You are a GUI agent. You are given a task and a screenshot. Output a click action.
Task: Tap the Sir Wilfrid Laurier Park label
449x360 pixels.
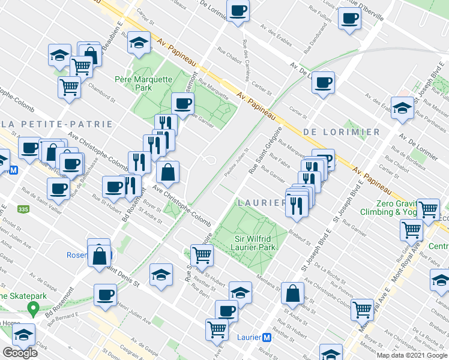[x=255, y=242]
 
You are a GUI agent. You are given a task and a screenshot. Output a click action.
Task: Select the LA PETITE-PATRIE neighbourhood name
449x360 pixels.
[x=56, y=124]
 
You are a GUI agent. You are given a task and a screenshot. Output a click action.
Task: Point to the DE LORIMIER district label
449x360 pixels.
[x=342, y=131]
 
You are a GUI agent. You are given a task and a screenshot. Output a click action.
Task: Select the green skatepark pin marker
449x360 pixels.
[x=34, y=310]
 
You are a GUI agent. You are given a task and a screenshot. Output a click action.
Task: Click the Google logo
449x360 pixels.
[x=20, y=353]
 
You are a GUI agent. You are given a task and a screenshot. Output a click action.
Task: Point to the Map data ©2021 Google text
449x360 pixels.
[x=412, y=355]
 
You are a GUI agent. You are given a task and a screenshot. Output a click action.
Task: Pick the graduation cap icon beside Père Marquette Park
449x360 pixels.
[x=139, y=43]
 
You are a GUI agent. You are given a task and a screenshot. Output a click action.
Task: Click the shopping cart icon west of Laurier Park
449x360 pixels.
[x=202, y=255]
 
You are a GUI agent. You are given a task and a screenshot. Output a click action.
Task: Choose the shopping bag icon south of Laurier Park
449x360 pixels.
[x=292, y=293]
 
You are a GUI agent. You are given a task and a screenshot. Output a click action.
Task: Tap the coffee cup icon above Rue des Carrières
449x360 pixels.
[x=238, y=10]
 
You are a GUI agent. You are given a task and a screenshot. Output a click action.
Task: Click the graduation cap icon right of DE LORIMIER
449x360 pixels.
[x=402, y=108]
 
